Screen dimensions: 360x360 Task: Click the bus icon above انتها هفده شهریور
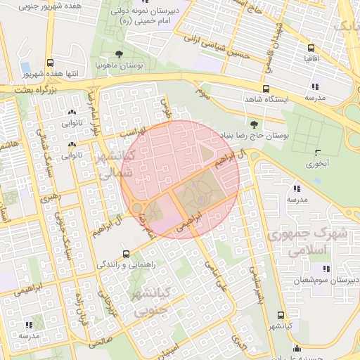click(x=49, y=63)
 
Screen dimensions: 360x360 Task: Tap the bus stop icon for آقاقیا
click(x=311, y=48)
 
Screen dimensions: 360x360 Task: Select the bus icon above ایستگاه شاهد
click(x=265, y=89)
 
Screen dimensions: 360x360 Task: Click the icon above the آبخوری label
click(x=318, y=152)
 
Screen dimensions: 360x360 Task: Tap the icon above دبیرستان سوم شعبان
click(x=326, y=269)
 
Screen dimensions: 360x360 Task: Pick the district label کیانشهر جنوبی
click(x=153, y=300)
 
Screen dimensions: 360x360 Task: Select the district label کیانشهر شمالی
click(x=108, y=166)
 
